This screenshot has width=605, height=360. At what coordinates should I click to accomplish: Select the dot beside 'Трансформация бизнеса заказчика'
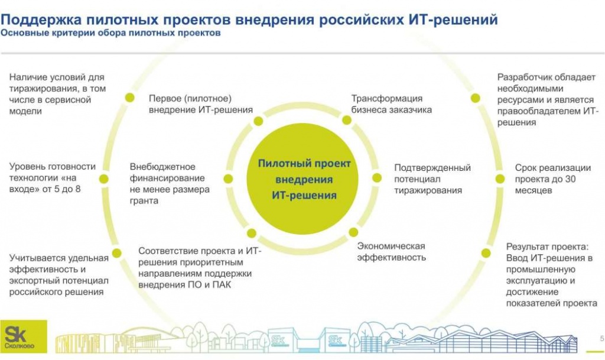click(x=347, y=121)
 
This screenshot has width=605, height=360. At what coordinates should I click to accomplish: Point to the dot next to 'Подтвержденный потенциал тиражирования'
click(x=377, y=177)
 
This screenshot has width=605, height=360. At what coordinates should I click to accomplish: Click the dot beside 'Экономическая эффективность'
click(x=353, y=232)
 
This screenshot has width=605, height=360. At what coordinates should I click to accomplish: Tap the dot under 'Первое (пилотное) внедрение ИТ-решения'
click(x=258, y=121)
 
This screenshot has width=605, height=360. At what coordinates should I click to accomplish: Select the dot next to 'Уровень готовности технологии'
click(x=104, y=178)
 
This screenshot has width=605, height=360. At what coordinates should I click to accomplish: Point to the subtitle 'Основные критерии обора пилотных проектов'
click(x=110, y=33)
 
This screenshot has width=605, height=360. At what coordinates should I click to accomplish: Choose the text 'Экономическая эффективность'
click(x=391, y=251)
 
